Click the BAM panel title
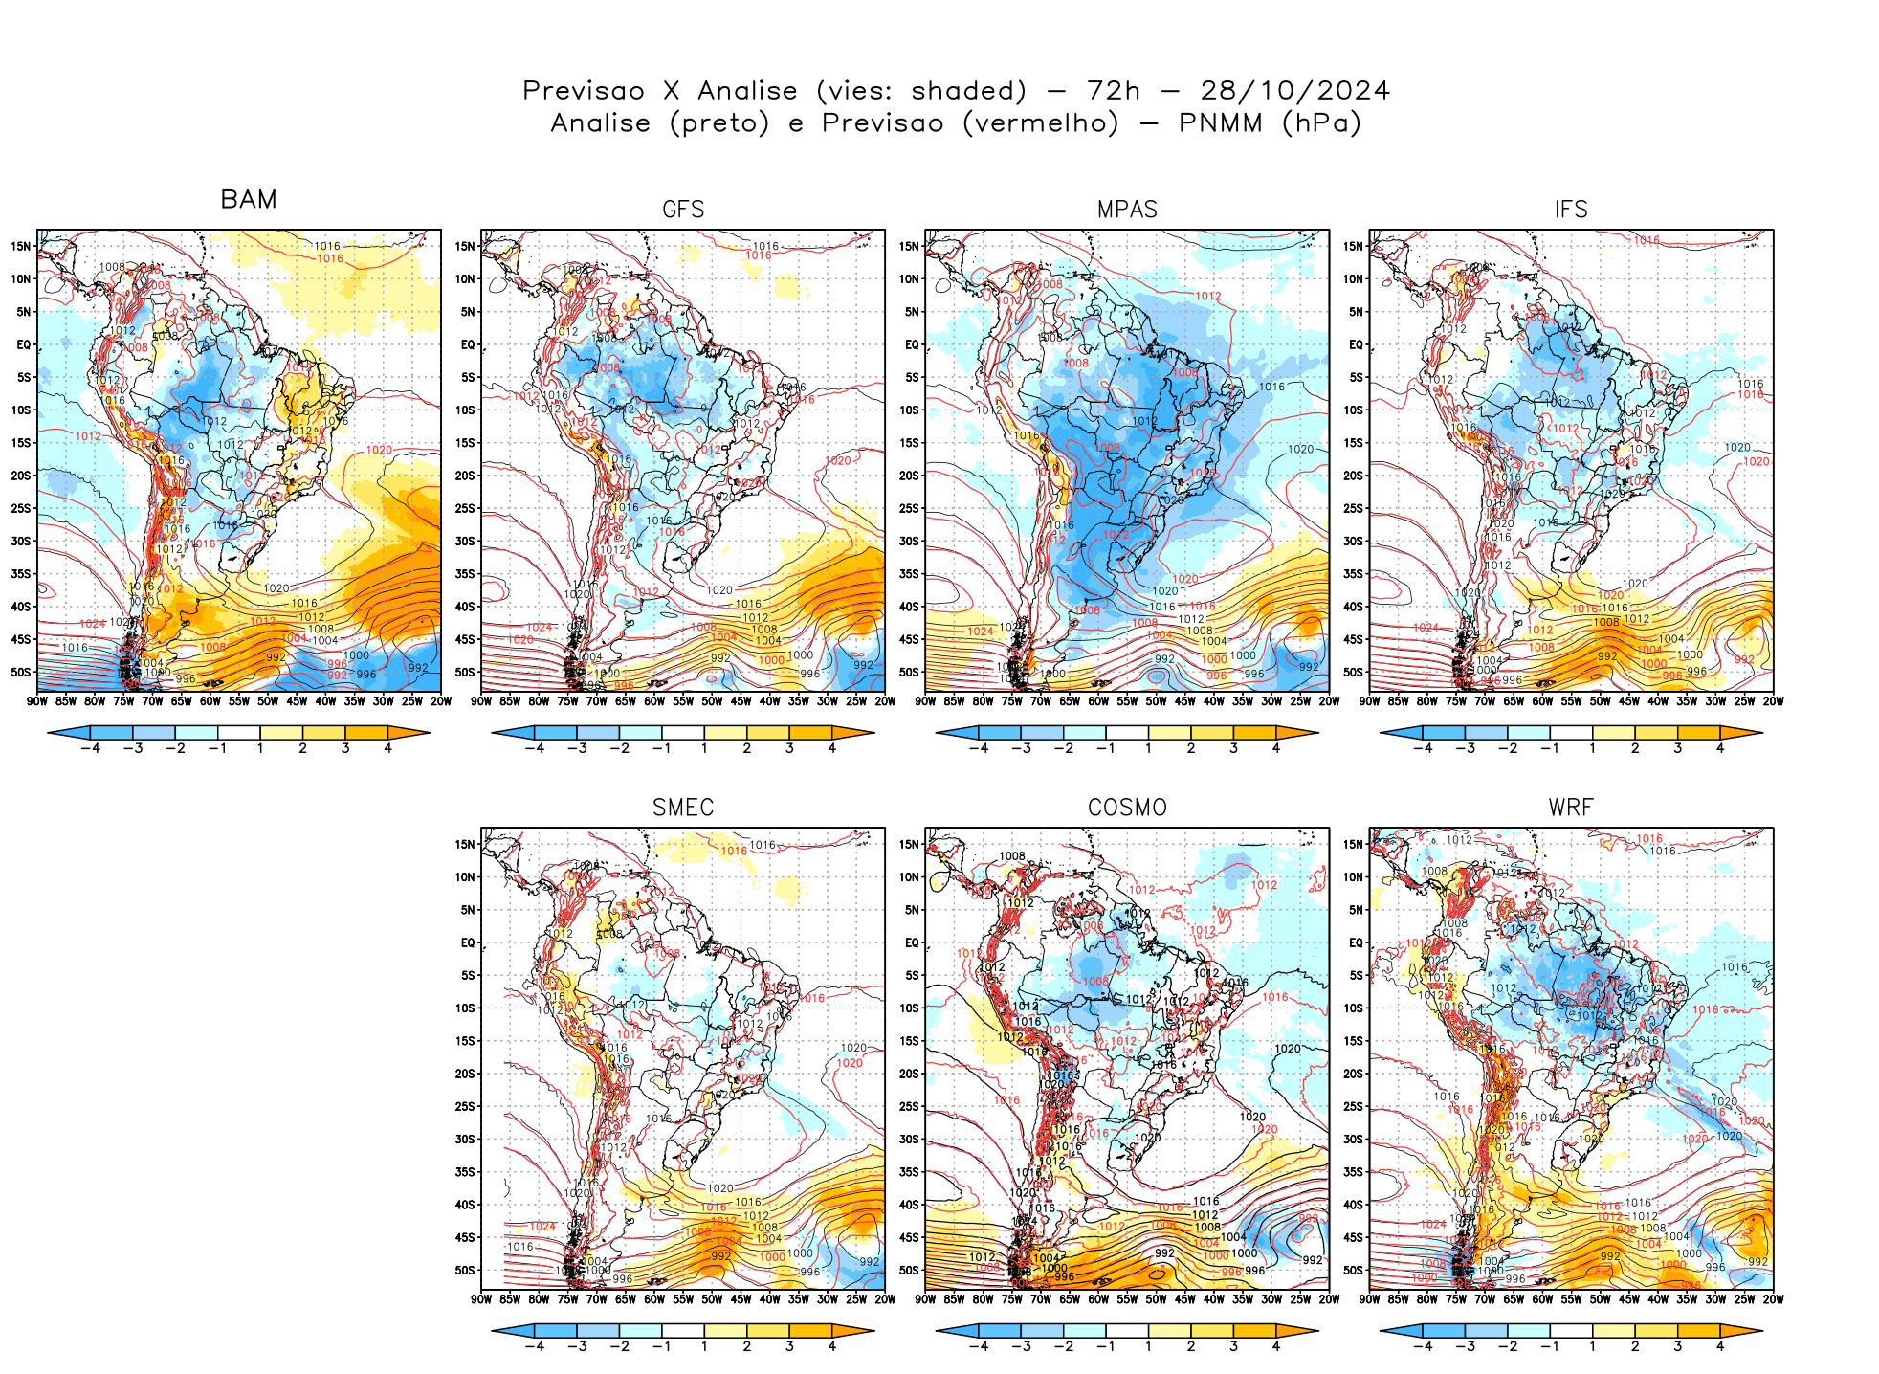click(248, 199)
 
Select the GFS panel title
click(683, 210)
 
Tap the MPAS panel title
click(1127, 210)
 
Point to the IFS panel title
click(1571, 210)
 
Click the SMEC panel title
click(683, 808)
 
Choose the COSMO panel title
click(1127, 808)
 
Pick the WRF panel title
click(1571, 808)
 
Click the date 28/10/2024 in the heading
click(1294, 91)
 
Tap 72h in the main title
click(1114, 91)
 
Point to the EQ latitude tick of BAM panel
click(23, 344)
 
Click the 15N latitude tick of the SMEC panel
click(464, 844)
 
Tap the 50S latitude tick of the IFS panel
click(1353, 672)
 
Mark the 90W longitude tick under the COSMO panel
click(925, 1298)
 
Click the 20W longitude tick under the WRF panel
click(1773, 1298)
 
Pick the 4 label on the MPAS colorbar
click(1276, 748)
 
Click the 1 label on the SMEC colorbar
click(704, 1346)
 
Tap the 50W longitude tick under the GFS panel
click(712, 700)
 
